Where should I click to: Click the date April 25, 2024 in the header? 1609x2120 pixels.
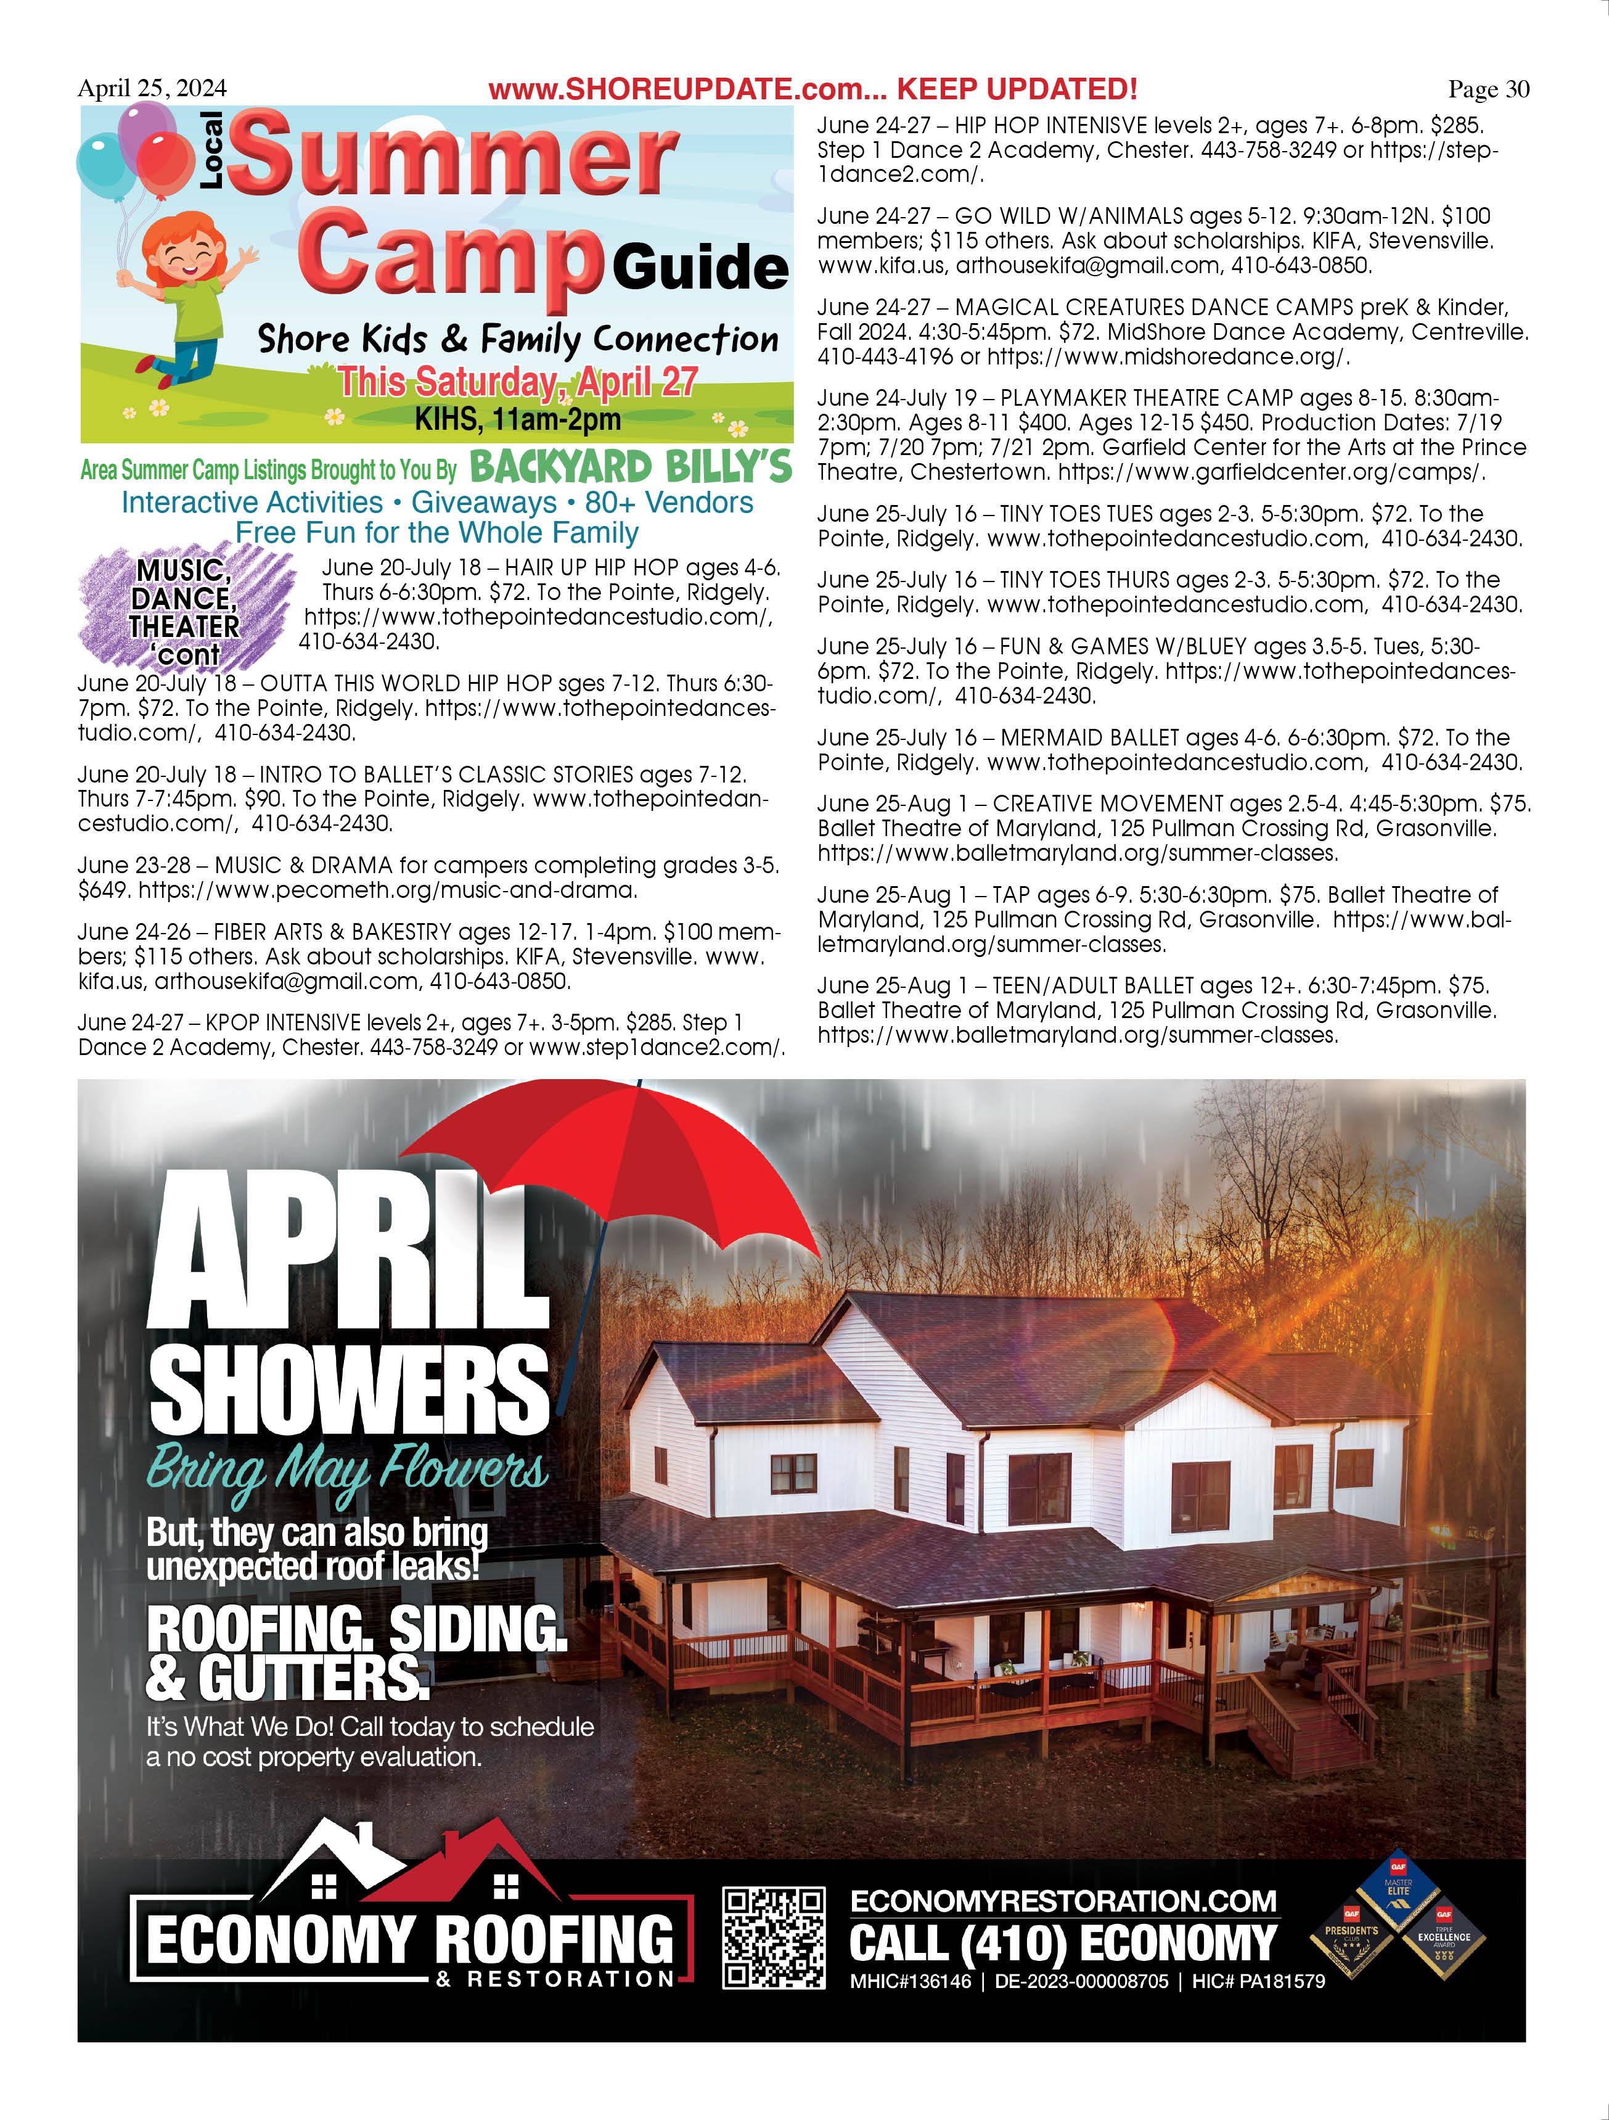[152, 88]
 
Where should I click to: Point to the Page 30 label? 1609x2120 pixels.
[1488, 89]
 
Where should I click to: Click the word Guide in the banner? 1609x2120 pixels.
[700, 268]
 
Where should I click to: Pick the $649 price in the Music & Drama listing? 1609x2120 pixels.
[102, 890]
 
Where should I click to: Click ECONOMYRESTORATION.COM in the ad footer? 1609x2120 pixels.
[1063, 1900]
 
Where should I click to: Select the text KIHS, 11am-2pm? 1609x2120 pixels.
[517, 419]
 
